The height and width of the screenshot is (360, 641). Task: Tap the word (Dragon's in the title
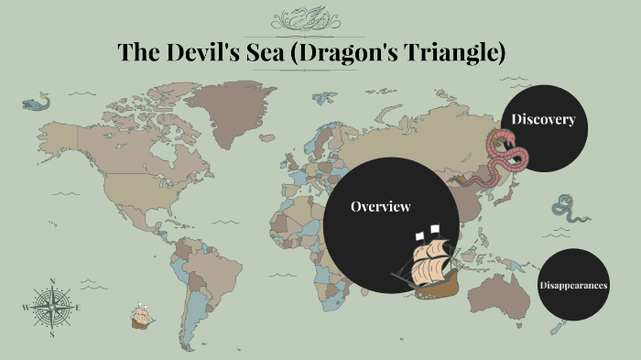(x=351, y=52)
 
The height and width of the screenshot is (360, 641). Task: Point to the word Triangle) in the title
(x=458, y=52)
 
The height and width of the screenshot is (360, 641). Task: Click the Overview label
(x=380, y=207)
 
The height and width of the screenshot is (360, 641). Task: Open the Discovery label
(x=543, y=119)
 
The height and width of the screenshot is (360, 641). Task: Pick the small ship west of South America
(x=140, y=316)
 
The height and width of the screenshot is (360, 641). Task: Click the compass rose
(x=52, y=306)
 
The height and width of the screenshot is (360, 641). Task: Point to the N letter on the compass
(x=52, y=281)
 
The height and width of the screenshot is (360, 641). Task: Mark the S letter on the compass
(x=52, y=333)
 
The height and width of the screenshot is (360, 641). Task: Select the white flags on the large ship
(x=426, y=231)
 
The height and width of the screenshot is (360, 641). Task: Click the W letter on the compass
(x=25, y=307)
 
